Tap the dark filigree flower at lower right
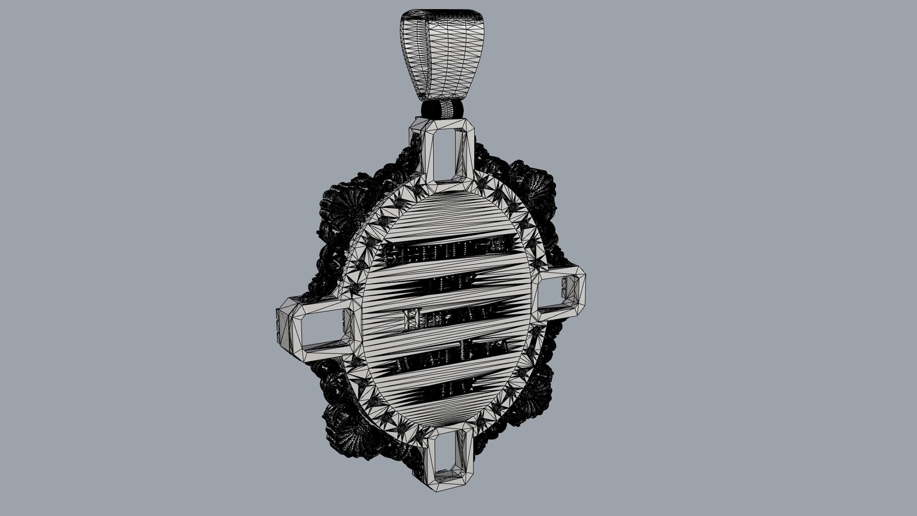click(x=537, y=392)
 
